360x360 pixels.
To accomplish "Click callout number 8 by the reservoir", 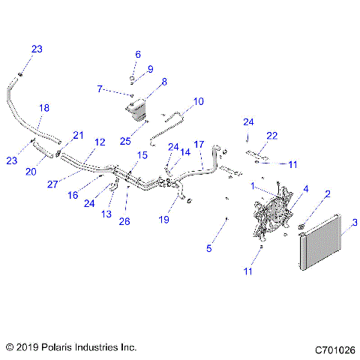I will coord(164,81).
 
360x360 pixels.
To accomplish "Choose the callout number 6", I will coord(137,54).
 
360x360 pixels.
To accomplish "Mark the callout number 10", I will coord(199,101).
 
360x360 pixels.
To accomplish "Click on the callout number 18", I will coord(44,108).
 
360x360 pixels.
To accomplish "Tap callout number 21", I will coord(76,135).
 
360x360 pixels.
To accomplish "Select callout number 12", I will coord(99,142).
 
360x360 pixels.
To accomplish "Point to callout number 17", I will coord(199,143).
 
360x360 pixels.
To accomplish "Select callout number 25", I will coord(126,141).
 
